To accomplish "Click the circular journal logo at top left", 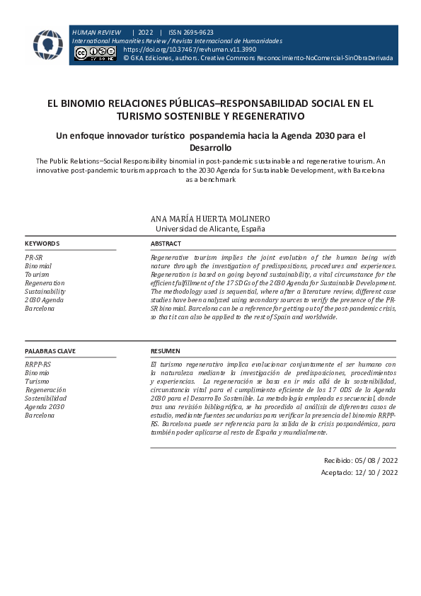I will click(x=47, y=45).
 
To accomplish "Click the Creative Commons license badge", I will click(x=95, y=55).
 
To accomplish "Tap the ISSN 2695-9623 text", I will click(x=191, y=33).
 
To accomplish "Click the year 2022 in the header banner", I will click(x=146, y=33).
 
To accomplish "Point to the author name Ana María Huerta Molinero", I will click(x=210, y=219).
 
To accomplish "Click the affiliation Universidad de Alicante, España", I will click(x=210, y=229).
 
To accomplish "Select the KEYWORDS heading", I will click(x=42, y=243).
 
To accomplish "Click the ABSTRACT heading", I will click(x=166, y=243).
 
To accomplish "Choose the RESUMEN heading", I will click(x=166, y=351).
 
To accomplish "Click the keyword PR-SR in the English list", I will click(x=34, y=258).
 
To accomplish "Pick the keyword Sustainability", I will click(x=45, y=292).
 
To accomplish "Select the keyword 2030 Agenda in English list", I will click(x=44, y=300).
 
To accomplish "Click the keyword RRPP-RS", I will click(x=38, y=365).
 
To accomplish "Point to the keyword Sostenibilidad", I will click(x=46, y=399).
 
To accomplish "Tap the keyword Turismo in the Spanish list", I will click(x=38, y=382).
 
